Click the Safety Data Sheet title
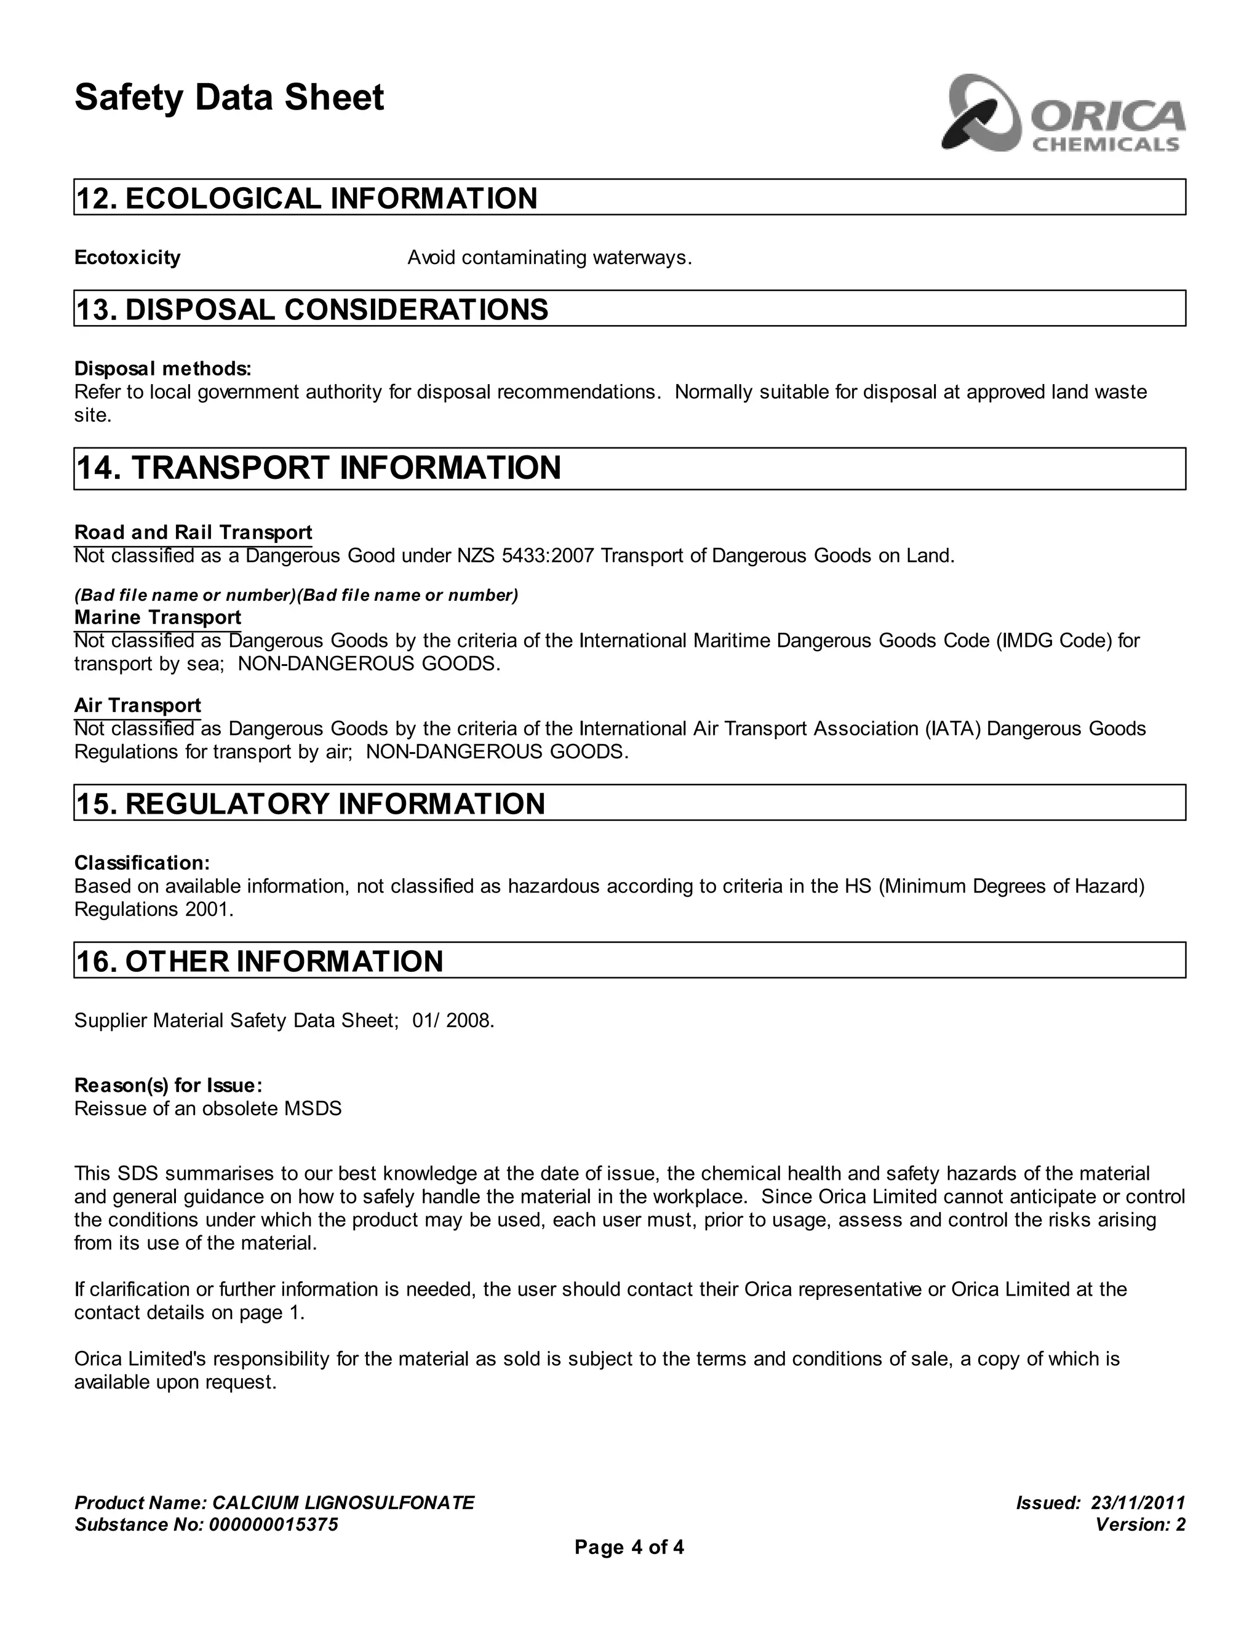pyautogui.click(x=229, y=98)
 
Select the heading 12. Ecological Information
pyautogui.click(x=307, y=199)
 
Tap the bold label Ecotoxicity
pyautogui.click(x=127, y=258)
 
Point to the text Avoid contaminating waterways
pyautogui.click(x=549, y=258)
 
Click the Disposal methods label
pyautogui.click(x=162, y=369)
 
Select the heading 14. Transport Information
pyautogui.click(x=318, y=468)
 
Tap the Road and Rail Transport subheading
pyautogui.click(x=193, y=532)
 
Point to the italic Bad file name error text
pyautogui.click(x=295, y=595)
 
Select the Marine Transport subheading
pyautogui.click(x=157, y=617)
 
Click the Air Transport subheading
pyautogui.click(x=137, y=706)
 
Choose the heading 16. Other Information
pyautogui.click(x=259, y=962)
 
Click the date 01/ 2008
pyautogui.click(x=452, y=1021)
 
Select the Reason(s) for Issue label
pyautogui.click(x=168, y=1085)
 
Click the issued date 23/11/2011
pyautogui.click(x=1138, y=1502)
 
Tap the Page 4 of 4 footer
pyautogui.click(x=629, y=1547)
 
